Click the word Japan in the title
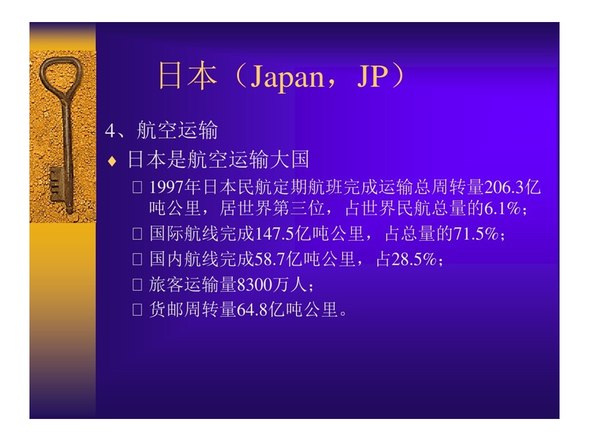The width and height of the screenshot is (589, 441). [x=287, y=77]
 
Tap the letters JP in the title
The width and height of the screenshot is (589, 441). [x=372, y=76]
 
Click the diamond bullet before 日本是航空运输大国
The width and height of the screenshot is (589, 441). [x=112, y=161]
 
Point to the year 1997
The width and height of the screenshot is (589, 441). [x=166, y=187]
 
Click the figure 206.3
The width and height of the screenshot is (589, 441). [x=504, y=187]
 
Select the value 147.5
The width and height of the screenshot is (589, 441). [x=274, y=234]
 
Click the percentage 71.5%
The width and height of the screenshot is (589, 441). [x=476, y=234]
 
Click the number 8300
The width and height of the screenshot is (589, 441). [x=254, y=285]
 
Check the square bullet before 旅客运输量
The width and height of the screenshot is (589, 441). [x=137, y=285]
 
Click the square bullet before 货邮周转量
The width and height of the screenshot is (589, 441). [x=137, y=310]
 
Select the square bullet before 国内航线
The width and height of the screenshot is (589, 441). [x=137, y=260]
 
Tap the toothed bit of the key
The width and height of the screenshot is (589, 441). [x=56, y=184]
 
